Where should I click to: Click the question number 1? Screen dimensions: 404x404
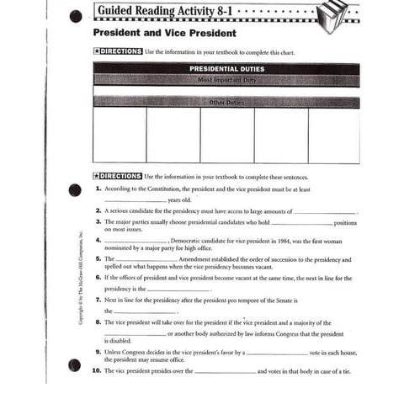tap(98, 189)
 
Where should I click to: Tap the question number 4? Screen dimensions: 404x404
tap(98, 240)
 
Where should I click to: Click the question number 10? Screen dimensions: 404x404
tap(97, 370)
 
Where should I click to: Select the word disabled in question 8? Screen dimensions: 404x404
tap(119, 341)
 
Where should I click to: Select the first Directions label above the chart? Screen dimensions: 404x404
tap(120, 51)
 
